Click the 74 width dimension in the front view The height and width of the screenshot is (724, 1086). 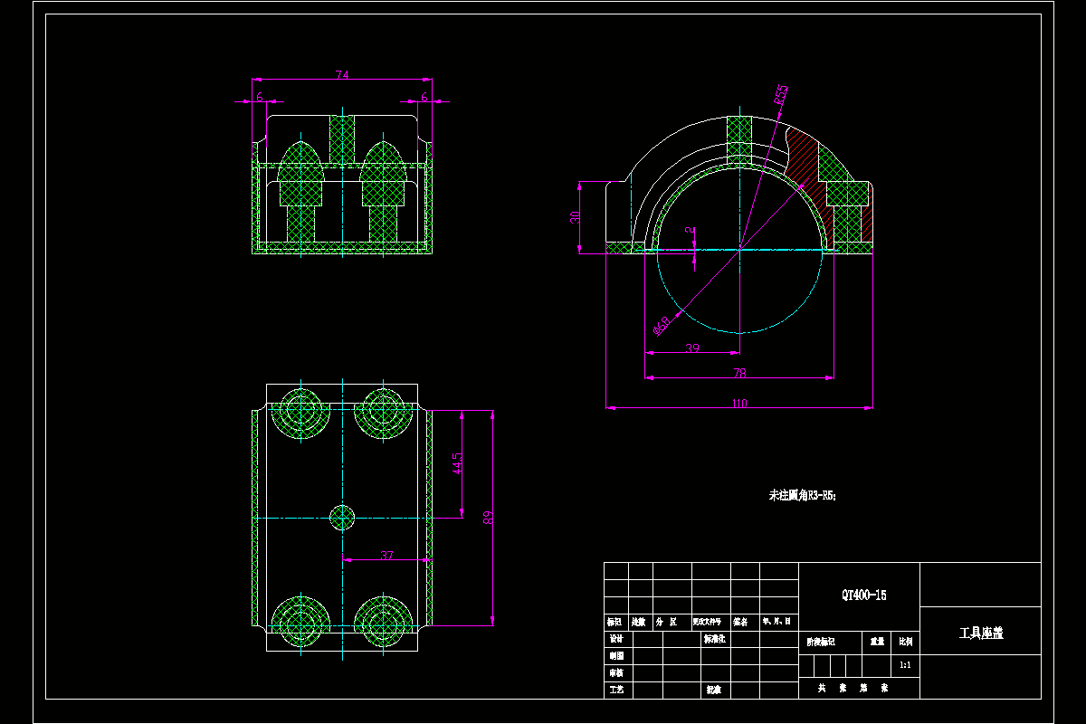coord(342,75)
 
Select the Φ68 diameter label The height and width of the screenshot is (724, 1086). coord(662,324)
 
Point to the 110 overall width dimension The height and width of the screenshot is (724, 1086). coord(739,404)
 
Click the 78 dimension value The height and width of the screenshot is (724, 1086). coord(739,372)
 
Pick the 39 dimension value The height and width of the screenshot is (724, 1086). coord(692,348)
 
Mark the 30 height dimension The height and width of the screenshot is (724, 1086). coord(576,217)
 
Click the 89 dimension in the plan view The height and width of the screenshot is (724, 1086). coord(489,518)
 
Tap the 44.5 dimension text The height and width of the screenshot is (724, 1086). coord(458,464)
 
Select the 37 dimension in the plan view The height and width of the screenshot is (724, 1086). coord(386,555)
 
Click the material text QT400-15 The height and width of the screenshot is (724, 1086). coord(863,595)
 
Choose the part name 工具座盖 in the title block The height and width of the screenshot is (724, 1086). coord(981,633)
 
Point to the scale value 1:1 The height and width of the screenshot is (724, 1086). coord(905,664)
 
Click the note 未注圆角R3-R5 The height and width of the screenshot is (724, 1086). coord(803,495)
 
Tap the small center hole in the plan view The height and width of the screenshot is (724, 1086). coord(342,518)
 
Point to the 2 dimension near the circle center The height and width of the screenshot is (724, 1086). coord(692,233)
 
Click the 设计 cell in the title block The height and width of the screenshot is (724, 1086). coord(616,639)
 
